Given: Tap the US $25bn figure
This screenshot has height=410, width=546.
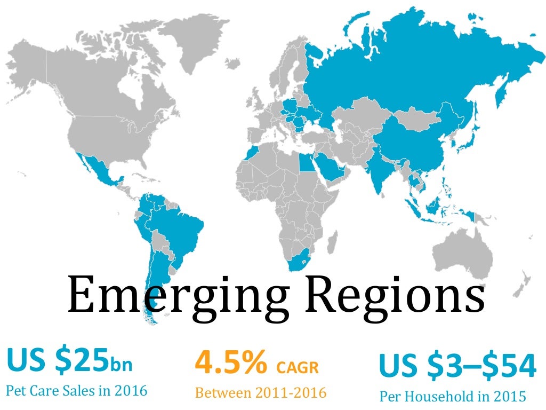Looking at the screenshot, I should coord(69,361).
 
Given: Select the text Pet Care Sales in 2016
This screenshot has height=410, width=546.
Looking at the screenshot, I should coord(76,390).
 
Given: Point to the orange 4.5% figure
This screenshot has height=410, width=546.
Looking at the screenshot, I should coord(231,362).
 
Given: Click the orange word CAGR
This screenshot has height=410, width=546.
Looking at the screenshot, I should coord(298,367).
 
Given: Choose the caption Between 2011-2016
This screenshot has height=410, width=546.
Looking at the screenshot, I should coord(260,393).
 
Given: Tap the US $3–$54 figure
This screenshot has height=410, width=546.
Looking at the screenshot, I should coord(457,365).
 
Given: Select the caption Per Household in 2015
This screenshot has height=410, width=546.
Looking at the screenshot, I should coord(452,396).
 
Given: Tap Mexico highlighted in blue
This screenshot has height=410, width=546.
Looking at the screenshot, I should coord(99,170).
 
